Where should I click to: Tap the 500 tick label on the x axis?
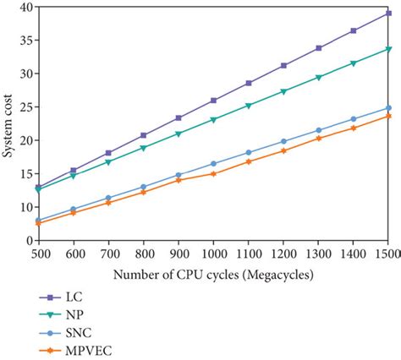[38, 253]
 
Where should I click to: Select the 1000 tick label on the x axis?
[212, 253]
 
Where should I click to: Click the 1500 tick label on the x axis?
[387, 253]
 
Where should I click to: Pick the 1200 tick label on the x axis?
[283, 253]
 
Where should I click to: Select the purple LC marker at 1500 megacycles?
[388, 14]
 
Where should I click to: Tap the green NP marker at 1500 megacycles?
[388, 49]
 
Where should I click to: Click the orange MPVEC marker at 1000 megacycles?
[213, 173]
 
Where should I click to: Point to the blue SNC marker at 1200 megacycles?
[283, 142]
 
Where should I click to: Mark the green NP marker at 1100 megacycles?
[249, 106]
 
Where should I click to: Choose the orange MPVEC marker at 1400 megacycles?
[354, 128]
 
